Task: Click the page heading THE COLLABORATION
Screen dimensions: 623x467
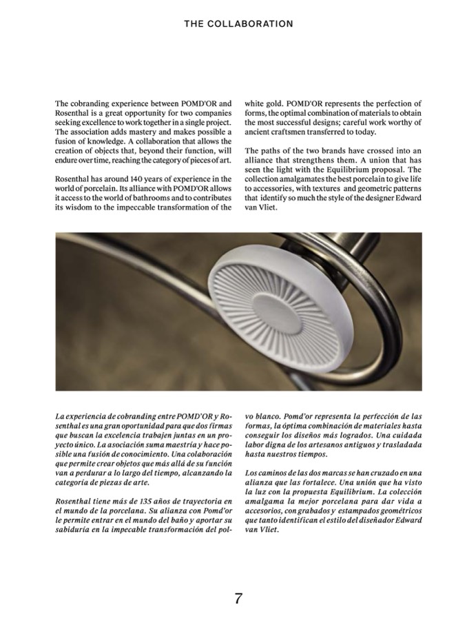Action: point(238,23)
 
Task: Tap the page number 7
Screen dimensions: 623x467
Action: point(238,598)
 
